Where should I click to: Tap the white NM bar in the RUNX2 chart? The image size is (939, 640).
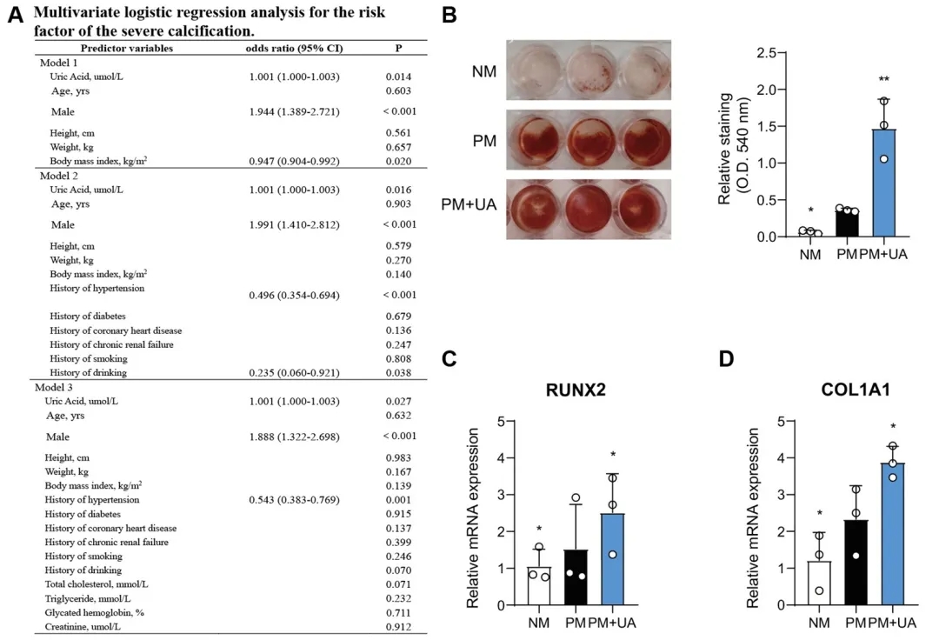pos(539,586)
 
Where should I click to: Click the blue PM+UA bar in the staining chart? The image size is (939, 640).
pos(883,183)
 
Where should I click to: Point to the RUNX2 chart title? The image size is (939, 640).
pos(576,390)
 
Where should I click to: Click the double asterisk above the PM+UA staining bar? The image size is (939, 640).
pos(883,90)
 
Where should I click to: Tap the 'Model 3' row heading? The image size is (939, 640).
pos(54,386)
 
